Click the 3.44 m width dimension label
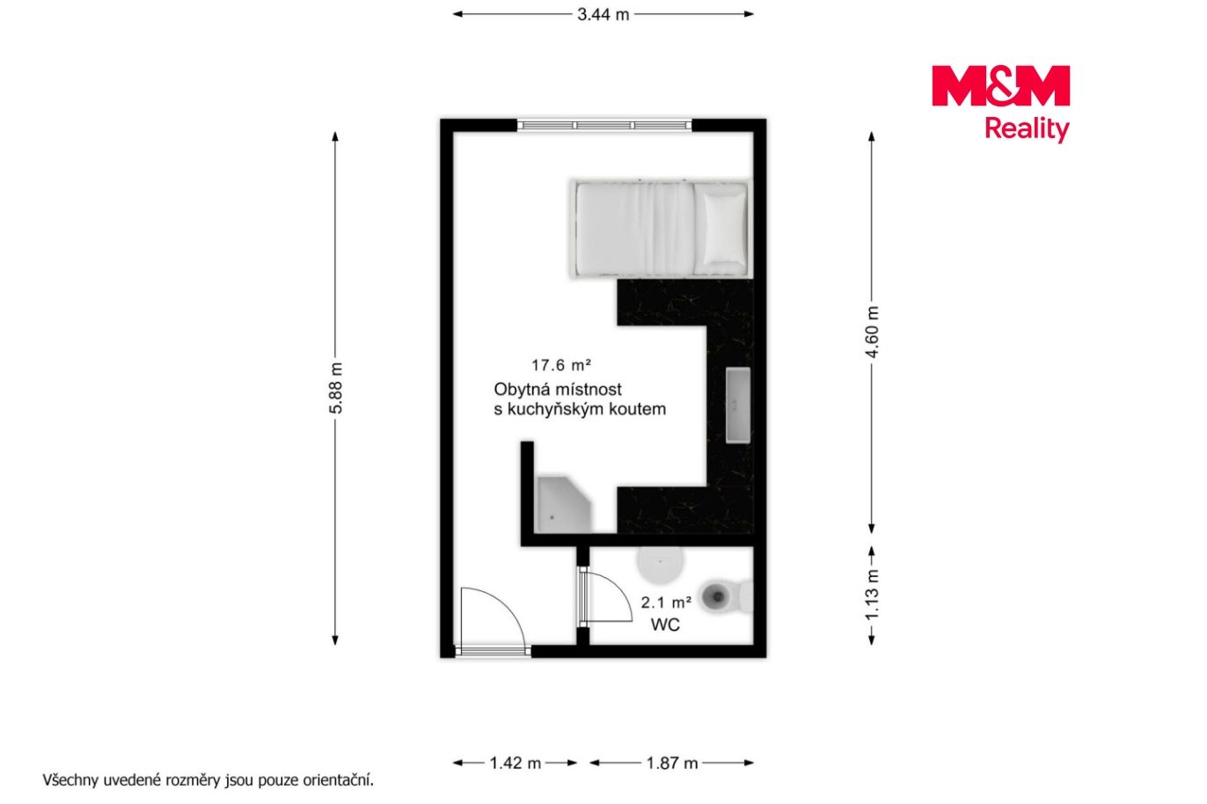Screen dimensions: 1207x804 click(x=603, y=15)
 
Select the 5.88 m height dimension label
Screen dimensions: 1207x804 click(x=336, y=388)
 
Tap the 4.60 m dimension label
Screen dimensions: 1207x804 click(x=872, y=332)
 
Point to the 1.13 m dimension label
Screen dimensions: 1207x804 click(x=872, y=595)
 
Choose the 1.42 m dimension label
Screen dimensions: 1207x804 click(x=516, y=763)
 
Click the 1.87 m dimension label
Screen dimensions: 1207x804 click(x=672, y=763)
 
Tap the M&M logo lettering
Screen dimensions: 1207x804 click(x=1000, y=85)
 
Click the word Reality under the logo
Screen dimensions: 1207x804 click(x=1027, y=129)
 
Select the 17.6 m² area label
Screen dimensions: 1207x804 click(x=561, y=365)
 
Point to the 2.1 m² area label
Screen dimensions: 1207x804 click(x=666, y=603)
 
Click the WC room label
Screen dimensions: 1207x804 click(x=665, y=625)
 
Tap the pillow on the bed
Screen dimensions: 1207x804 click(x=724, y=228)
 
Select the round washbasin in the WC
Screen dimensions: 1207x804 click(x=661, y=564)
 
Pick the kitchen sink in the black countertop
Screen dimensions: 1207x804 click(x=738, y=406)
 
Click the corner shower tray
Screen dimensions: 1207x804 click(x=562, y=504)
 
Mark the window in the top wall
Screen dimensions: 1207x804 click(x=604, y=125)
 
